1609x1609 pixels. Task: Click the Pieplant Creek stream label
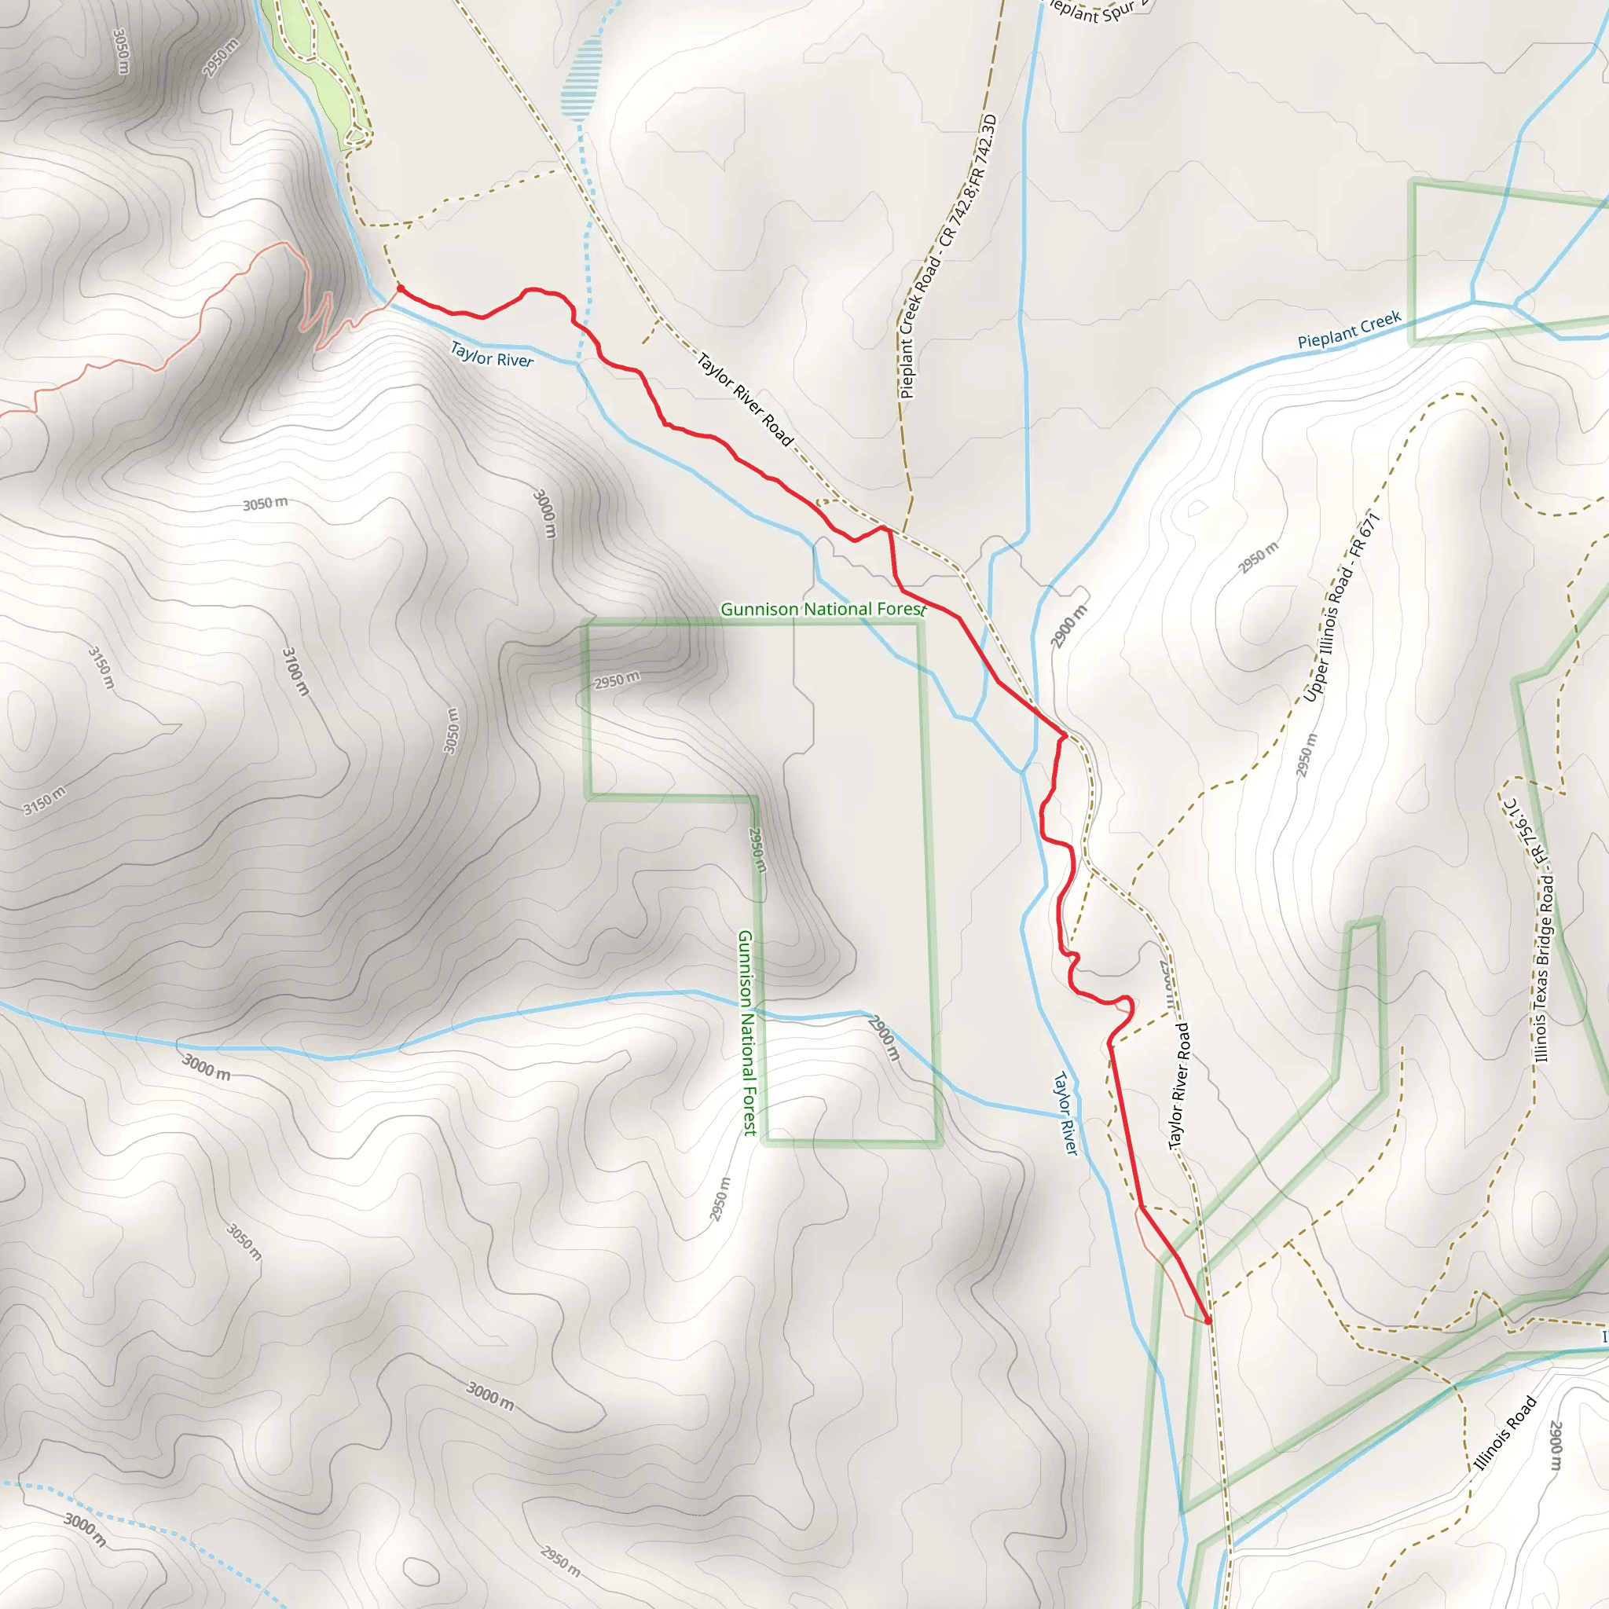(1349, 330)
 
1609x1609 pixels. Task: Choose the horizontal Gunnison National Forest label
(823, 610)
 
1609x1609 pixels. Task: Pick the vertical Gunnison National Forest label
(747, 1032)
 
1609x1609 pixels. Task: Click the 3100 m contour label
(295, 671)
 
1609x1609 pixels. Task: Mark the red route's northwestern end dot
(400, 288)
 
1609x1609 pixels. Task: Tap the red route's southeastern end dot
(1208, 1320)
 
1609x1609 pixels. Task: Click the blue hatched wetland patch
(581, 79)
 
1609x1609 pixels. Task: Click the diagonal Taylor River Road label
(745, 400)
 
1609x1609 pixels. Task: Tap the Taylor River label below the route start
(491, 355)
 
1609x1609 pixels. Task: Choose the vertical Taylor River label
(1066, 1112)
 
